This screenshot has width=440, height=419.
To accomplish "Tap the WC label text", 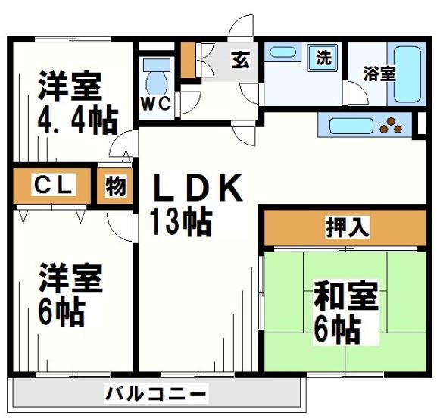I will (157, 103).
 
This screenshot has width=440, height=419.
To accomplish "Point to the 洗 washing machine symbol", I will (323, 56).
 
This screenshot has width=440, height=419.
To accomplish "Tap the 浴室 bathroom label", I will (378, 74).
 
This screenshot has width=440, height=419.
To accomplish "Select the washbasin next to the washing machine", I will (282, 52).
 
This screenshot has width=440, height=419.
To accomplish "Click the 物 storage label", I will (115, 186).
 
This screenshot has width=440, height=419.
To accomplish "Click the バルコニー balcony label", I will (154, 395).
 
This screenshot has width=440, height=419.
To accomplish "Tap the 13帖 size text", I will (181, 222).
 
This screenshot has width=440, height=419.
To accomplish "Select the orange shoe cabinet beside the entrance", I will (187, 60).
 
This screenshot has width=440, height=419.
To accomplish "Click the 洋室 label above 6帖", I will (70, 277).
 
